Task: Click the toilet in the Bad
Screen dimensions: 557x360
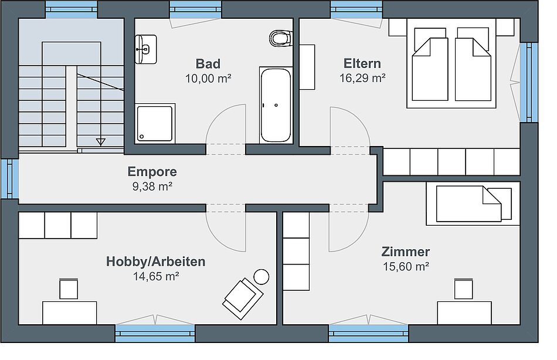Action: [x=281, y=38]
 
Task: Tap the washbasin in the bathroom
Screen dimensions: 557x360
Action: [x=145, y=49]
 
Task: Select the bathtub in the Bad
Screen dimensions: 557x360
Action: [x=276, y=105]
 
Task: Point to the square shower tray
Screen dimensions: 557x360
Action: [x=155, y=124]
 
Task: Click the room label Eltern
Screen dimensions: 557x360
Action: [x=362, y=63]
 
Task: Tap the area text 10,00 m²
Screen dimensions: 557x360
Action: [x=208, y=78]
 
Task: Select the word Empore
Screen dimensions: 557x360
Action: [x=152, y=171]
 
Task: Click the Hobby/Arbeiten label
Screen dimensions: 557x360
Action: [x=155, y=261]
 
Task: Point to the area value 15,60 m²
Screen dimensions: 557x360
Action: [x=406, y=266]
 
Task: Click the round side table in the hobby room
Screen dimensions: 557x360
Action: [x=261, y=277]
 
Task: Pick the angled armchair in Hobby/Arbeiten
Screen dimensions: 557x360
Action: [x=243, y=298]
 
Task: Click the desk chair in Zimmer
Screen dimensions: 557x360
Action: [x=463, y=289]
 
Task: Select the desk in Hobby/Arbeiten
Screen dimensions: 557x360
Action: [x=70, y=313]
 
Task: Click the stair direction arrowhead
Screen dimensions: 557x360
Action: [x=101, y=142]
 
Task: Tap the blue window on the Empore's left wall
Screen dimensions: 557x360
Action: [x=10, y=178]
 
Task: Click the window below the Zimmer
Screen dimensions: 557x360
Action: [x=368, y=334]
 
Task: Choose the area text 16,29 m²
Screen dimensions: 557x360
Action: [x=362, y=78]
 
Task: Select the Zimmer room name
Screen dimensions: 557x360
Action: [x=406, y=252]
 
